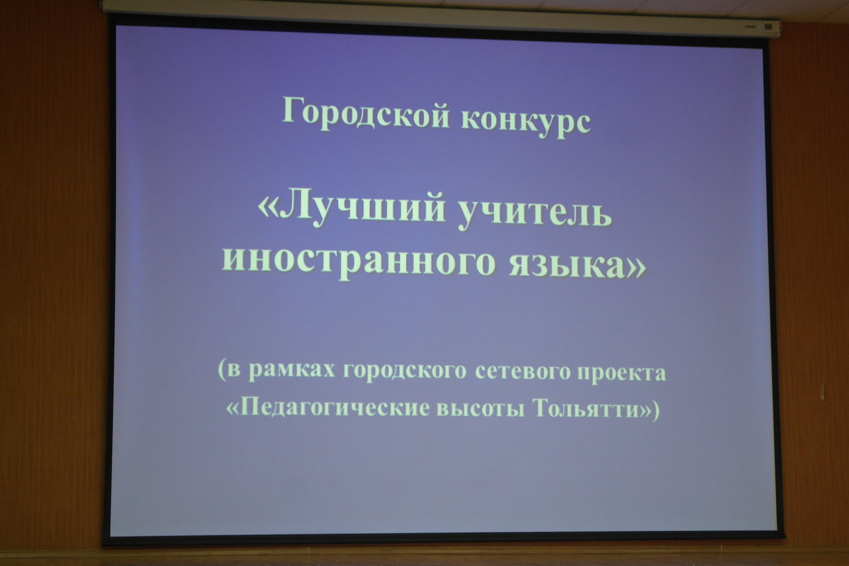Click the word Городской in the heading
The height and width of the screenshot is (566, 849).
pyautogui.click(x=365, y=113)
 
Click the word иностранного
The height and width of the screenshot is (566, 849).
pyautogui.click(x=358, y=262)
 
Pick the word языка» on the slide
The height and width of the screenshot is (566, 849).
pyautogui.click(x=577, y=263)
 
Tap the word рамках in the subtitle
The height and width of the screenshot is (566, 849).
pyautogui.click(x=292, y=371)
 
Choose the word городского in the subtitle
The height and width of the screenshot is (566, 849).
pyautogui.click(x=405, y=371)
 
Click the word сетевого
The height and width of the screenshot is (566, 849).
pyautogui.click(x=523, y=372)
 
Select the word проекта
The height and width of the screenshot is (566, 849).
pyautogui.click(x=621, y=374)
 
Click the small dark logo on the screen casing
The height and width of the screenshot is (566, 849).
pyautogui.click(x=768, y=27)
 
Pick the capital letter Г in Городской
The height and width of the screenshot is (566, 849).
pyautogui.click(x=293, y=109)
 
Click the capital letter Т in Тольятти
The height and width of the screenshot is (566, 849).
pyautogui.click(x=542, y=407)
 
